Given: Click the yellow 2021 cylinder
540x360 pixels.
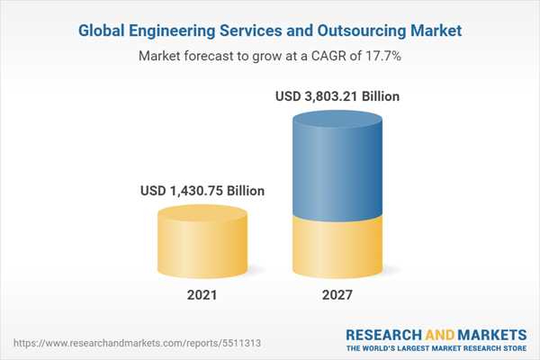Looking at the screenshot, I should click(x=202, y=240).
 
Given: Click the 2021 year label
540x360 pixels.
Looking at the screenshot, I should click(x=202, y=294).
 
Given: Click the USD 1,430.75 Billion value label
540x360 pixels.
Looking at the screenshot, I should click(x=202, y=191).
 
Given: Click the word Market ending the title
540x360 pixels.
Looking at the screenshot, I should click(x=436, y=31).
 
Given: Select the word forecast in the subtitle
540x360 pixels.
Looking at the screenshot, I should click(x=216, y=56).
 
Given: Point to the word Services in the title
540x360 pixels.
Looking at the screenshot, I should click(x=258, y=31).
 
